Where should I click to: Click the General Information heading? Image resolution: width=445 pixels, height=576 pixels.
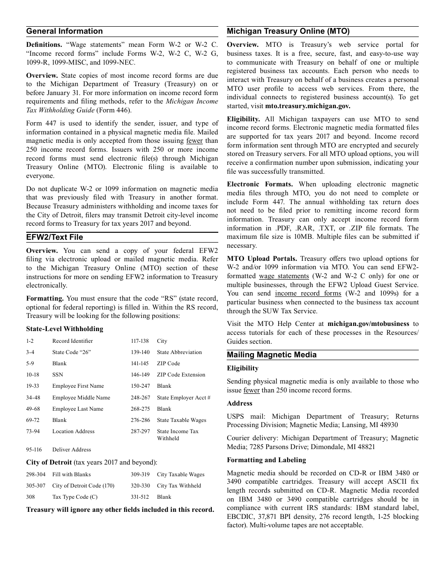click(x=64, y=31)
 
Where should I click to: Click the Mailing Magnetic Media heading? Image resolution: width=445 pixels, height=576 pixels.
click(x=272, y=355)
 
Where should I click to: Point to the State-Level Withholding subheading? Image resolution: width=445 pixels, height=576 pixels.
click(x=65, y=329)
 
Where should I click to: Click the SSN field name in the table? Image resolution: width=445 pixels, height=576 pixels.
click(x=58, y=375)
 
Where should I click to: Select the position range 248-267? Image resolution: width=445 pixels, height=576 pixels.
click(x=140, y=398)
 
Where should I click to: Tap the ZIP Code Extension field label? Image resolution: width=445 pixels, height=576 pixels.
click(x=181, y=375)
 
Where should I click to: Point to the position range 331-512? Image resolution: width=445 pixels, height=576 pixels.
click(x=140, y=497)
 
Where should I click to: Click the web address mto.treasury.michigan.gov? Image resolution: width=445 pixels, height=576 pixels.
click(x=308, y=106)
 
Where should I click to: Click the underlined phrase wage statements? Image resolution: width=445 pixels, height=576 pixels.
click(x=284, y=276)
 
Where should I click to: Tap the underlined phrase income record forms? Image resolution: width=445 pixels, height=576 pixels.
click(x=308, y=294)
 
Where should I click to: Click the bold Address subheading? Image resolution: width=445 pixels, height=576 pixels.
click(x=239, y=403)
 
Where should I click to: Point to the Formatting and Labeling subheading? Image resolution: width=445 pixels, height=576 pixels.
click(x=266, y=460)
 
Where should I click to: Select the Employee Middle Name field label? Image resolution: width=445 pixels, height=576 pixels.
click(x=81, y=398)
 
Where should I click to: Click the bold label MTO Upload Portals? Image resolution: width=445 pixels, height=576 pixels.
click(x=262, y=259)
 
